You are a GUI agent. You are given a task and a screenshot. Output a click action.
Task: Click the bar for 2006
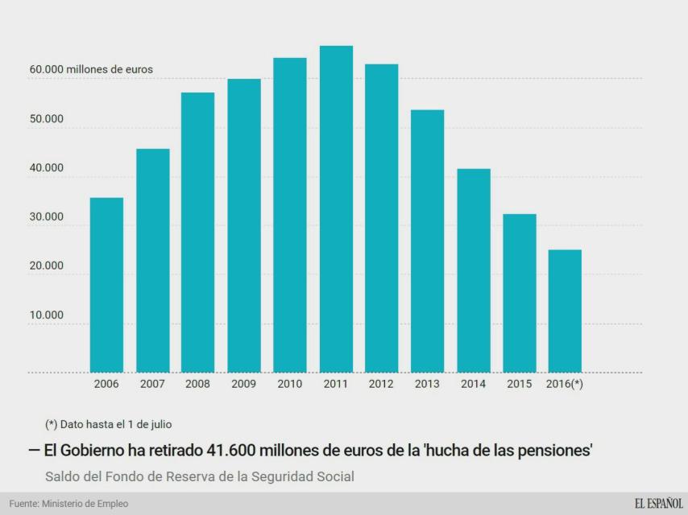point(106,285)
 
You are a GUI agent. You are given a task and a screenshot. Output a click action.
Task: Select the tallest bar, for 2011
point(336,209)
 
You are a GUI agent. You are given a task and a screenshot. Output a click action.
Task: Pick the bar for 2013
point(427,241)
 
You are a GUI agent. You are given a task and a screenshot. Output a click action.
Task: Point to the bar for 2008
point(197,233)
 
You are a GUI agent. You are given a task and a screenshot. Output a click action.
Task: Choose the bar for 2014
point(473,270)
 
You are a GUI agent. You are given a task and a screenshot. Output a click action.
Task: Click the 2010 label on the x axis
point(290,384)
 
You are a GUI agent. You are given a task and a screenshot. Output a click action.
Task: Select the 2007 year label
point(152,384)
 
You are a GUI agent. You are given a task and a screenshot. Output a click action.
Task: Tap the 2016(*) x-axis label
point(565,384)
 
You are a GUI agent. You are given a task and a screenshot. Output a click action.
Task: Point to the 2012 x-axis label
point(381,384)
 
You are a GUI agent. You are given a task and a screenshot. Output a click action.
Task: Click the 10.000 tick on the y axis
point(47,315)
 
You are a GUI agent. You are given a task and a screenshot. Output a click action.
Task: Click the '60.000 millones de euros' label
point(91,69)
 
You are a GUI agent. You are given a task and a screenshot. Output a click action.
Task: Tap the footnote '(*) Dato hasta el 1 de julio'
point(108,423)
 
